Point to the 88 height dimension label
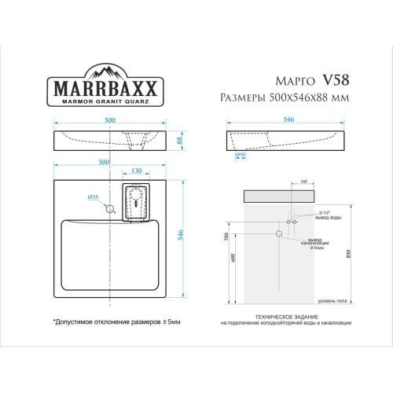179,141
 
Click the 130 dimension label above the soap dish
137,171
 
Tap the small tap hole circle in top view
111,209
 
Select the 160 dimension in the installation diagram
304,182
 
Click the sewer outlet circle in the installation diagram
278,233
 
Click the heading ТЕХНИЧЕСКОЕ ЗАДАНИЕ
285,317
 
